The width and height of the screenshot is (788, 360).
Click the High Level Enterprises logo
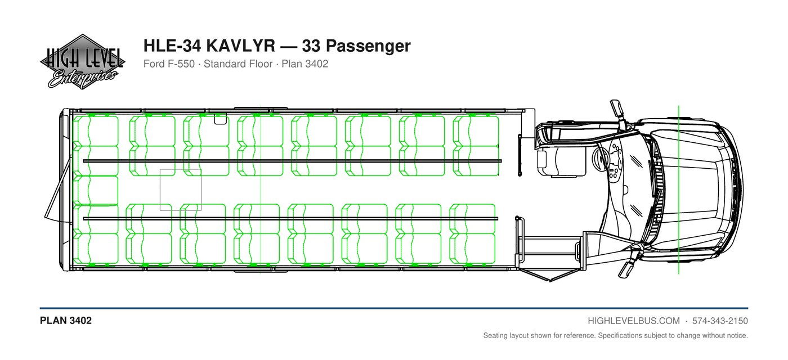[82, 62]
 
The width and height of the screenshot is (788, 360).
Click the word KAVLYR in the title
[240, 46]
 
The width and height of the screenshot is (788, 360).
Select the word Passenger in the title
[368, 46]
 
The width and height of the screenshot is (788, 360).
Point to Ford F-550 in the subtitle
[169, 64]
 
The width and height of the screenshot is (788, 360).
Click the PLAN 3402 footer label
[66, 321]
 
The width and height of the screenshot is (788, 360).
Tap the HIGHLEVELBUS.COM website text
[634, 321]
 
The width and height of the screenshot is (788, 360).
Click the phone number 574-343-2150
[720, 321]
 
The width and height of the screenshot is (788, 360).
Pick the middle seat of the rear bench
[95, 190]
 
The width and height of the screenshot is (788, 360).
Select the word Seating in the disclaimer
[495, 335]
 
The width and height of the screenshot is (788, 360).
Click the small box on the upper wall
[221, 119]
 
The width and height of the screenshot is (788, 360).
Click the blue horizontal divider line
[394, 308]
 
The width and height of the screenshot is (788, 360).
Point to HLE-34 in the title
[172, 46]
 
